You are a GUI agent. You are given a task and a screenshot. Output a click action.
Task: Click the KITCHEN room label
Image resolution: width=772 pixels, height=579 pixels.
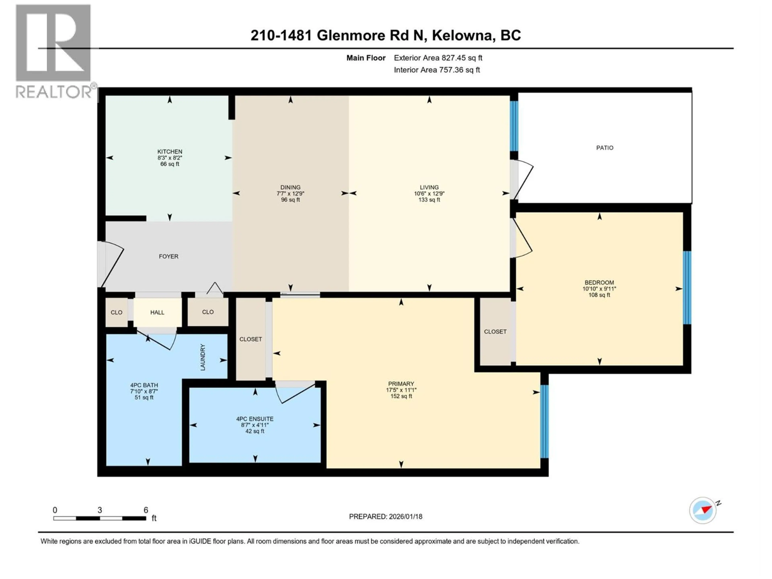click(x=170, y=151)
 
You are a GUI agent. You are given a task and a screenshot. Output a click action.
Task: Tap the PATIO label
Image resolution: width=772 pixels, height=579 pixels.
click(x=605, y=148)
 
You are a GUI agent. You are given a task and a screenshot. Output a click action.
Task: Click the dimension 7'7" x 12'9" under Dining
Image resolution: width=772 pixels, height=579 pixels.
click(x=290, y=193)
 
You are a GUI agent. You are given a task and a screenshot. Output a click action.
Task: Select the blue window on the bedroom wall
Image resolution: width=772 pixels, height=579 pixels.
click(x=687, y=287)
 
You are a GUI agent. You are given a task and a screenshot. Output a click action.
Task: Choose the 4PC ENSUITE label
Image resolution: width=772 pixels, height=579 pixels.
click(x=255, y=419)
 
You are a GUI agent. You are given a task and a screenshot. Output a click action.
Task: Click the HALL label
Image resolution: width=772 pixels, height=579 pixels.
click(x=157, y=312)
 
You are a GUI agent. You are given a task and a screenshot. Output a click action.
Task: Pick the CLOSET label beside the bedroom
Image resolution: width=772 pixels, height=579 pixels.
click(x=495, y=332)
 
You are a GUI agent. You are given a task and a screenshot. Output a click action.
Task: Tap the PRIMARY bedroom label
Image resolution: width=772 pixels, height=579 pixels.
click(x=401, y=384)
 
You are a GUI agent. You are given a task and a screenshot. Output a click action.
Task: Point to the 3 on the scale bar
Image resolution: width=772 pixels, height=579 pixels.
click(x=100, y=510)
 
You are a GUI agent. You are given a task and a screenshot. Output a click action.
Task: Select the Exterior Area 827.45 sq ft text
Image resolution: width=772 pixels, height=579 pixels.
click(x=438, y=58)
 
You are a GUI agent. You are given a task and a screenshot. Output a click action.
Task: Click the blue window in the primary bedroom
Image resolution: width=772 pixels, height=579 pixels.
click(x=544, y=421)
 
